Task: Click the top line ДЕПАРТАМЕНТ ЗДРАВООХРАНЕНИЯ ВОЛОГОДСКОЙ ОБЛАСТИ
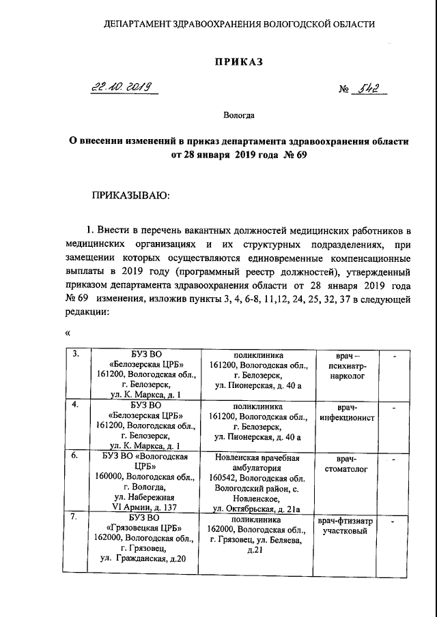[239, 24]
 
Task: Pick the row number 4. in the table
[77, 404]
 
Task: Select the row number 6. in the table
[77, 455]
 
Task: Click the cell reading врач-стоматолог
[348, 465]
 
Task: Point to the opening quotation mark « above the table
[68, 334]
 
